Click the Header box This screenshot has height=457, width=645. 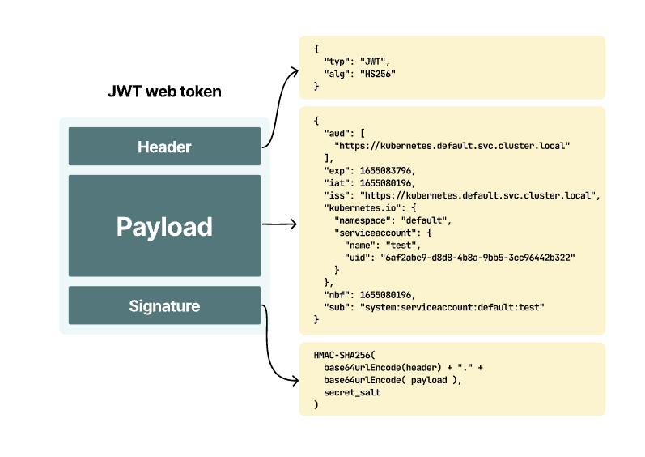point(164,147)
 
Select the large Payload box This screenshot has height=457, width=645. point(164,226)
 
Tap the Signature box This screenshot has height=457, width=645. point(164,305)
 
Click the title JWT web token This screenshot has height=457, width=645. point(164,92)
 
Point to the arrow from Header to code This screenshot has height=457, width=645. point(279,105)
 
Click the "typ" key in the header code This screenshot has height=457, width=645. point(337,62)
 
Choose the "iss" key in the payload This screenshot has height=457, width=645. point(337,195)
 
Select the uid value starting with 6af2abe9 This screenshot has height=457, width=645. point(477,257)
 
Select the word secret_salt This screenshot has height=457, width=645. point(352,392)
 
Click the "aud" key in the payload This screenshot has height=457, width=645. point(337,132)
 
